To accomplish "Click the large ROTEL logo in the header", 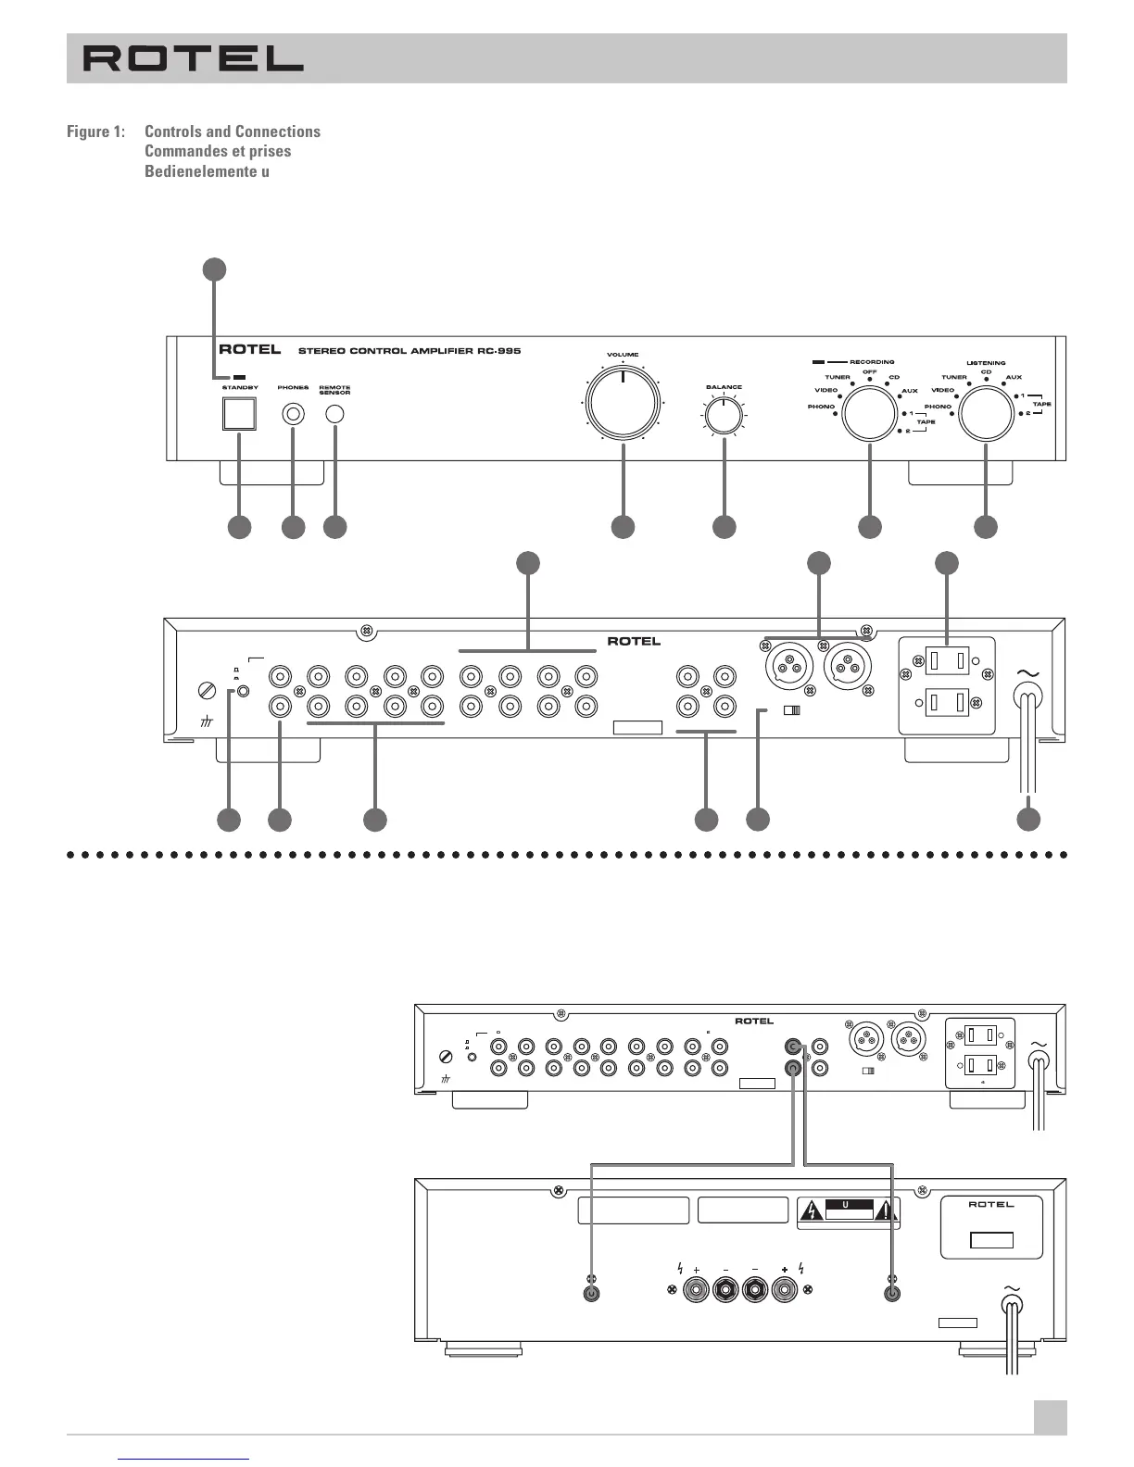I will point(194,59).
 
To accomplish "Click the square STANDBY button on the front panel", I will point(239,413).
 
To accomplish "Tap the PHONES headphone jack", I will point(293,414).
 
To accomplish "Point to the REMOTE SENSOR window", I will point(334,414).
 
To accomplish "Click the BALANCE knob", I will point(724,416).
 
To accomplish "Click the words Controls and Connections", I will point(233,132).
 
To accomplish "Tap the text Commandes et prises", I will point(218,151).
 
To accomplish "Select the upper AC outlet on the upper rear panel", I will point(948,660).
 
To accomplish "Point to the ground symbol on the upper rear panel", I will point(207,722).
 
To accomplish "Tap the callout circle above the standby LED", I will point(214,269).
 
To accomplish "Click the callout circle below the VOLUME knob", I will point(623,527).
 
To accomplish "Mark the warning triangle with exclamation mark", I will point(887,1210).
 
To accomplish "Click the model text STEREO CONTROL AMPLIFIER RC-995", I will point(409,352).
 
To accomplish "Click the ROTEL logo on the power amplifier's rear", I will point(990,1205).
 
